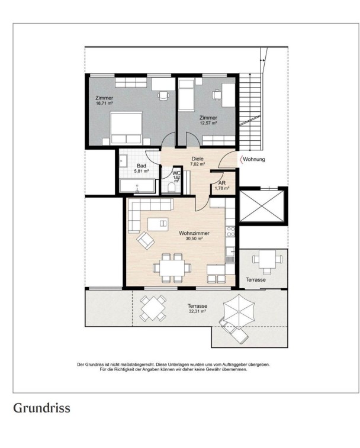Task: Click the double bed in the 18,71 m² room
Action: point(126,127)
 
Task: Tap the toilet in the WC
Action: point(172,188)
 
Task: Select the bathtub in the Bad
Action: point(137,186)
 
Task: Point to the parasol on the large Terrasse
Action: point(239,308)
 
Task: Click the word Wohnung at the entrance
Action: point(254,159)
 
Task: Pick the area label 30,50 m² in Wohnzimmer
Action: point(194,239)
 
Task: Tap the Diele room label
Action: point(198,159)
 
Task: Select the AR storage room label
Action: point(222,183)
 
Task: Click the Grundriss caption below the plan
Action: point(42,408)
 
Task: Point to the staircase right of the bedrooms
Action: point(251,111)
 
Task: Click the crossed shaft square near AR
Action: point(262,206)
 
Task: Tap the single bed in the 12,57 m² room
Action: point(186,95)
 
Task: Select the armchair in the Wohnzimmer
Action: point(146,240)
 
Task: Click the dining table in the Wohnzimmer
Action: point(172,268)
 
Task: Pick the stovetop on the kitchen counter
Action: point(230,232)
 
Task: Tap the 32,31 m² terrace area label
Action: point(198,312)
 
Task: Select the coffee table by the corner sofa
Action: point(158,224)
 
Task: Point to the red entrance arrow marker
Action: point(241,159)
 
